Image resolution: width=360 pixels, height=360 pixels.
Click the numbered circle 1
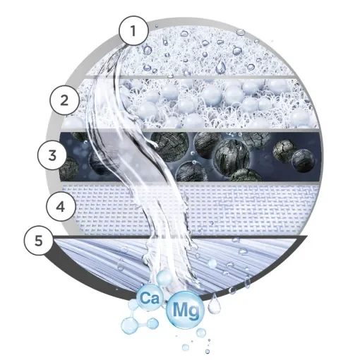point(133,30)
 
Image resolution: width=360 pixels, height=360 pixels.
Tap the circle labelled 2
point(65,100)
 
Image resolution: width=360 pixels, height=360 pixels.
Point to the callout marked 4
point(61,206)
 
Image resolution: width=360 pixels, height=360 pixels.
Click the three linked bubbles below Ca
point(137,325)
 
